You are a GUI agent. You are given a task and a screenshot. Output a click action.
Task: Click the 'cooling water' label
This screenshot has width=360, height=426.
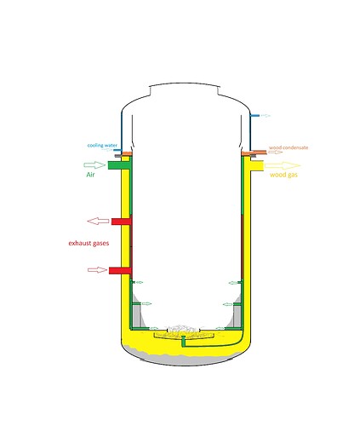coord(102,146)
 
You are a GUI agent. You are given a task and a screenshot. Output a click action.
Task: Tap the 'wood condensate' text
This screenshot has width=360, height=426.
coord(289,147)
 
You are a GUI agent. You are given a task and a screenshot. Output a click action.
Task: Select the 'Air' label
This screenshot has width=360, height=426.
coord(90,175)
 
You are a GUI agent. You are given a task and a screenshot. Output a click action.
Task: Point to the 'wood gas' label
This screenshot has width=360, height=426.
coord(283,175)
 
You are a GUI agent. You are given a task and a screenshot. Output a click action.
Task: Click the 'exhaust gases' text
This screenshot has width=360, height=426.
coord(89,243)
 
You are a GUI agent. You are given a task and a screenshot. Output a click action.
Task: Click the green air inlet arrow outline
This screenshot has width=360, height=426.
coord(94,164)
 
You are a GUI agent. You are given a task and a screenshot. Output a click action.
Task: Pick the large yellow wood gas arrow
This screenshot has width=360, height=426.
coord(283,165)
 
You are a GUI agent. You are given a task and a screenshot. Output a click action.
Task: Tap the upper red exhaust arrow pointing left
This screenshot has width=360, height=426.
coord(98,221)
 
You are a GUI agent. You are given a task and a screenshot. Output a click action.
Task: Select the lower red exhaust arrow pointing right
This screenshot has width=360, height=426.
coord(98,270)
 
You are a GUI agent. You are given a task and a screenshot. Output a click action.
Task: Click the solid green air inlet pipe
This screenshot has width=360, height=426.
coord(118,165)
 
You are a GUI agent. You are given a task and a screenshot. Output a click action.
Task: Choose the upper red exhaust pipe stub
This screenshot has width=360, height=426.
coord(121,222)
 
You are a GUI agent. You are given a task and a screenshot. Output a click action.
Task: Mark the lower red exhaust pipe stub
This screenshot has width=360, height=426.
coord(120,270)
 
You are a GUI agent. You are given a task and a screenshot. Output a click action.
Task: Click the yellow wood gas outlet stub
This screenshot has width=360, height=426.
coord(257,165)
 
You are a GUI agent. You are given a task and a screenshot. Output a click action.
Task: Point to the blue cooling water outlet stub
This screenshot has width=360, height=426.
coord(254,116)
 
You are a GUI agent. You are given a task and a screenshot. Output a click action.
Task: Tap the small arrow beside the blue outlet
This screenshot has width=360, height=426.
coord(266,116)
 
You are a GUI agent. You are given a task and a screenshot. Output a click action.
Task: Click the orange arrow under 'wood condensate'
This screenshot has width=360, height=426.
coord(276,152)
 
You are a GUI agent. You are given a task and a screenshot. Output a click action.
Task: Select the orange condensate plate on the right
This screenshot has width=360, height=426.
coord(254,153)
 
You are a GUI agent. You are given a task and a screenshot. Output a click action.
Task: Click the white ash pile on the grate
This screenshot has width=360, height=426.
coord(182,329)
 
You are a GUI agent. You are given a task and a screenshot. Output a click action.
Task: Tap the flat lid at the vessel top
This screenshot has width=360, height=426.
coord(185,83)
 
